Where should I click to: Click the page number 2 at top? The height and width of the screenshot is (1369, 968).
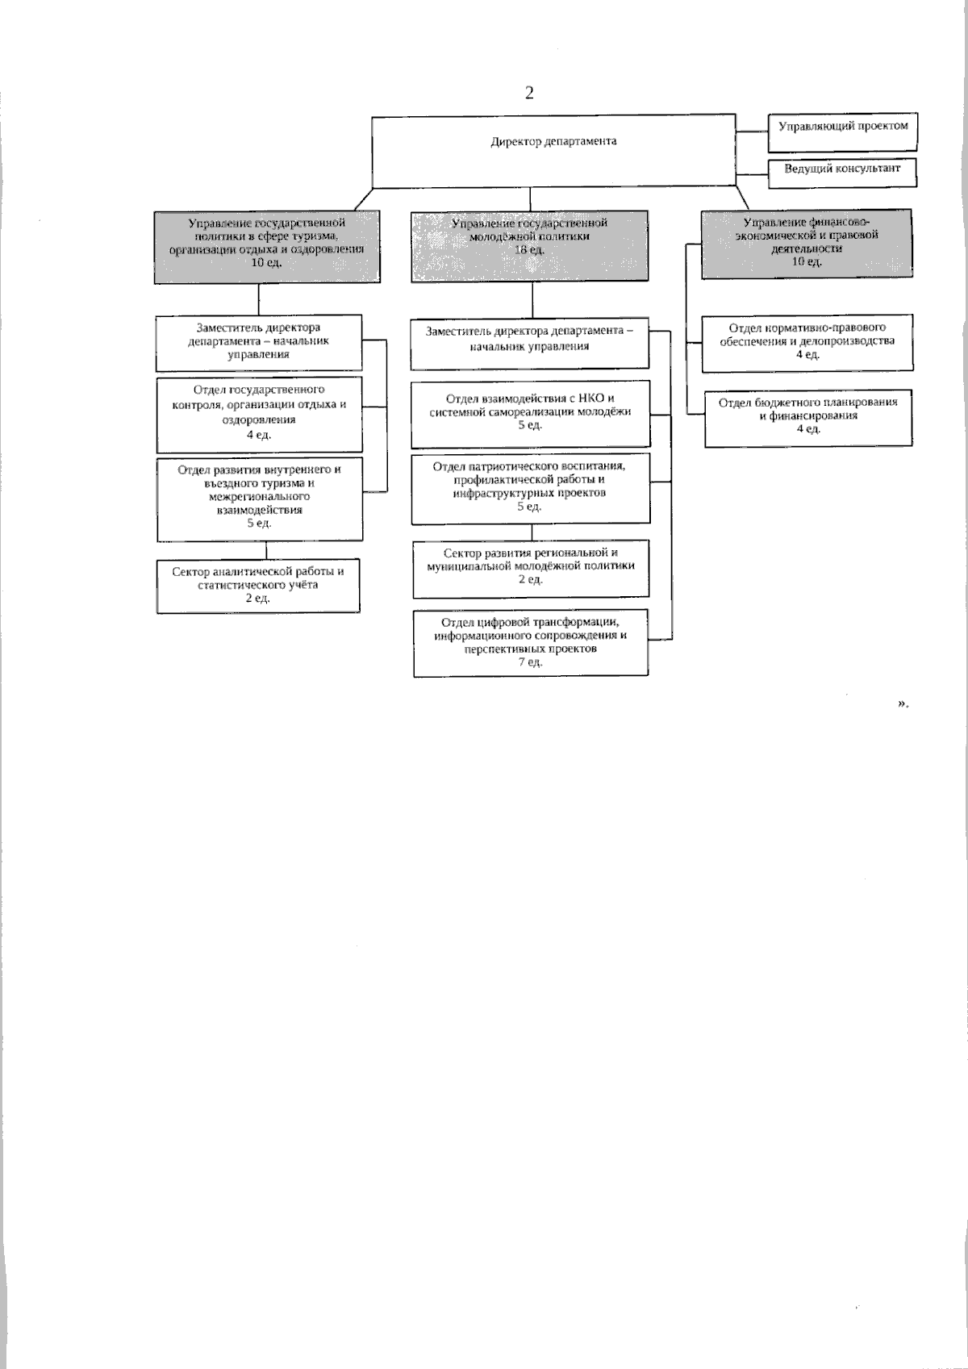[529, 93]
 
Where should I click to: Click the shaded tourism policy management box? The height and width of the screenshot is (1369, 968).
[267, 247]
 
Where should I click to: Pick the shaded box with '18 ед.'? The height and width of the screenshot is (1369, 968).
[530, 245]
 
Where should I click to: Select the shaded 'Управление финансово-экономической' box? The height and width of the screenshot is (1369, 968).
[807, 244]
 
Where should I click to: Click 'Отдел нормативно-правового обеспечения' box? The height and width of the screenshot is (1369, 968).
[807, 343]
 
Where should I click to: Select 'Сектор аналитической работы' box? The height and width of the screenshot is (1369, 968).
[258, 586]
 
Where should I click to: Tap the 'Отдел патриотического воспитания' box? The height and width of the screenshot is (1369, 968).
[529, 488]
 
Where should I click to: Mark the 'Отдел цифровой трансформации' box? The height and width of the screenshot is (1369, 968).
[530, 642]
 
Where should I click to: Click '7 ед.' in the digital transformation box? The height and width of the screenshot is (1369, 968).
[530, 662]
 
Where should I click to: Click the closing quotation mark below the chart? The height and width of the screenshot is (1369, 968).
[902, 703]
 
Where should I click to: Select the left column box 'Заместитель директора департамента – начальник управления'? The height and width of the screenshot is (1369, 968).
[259, 342]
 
